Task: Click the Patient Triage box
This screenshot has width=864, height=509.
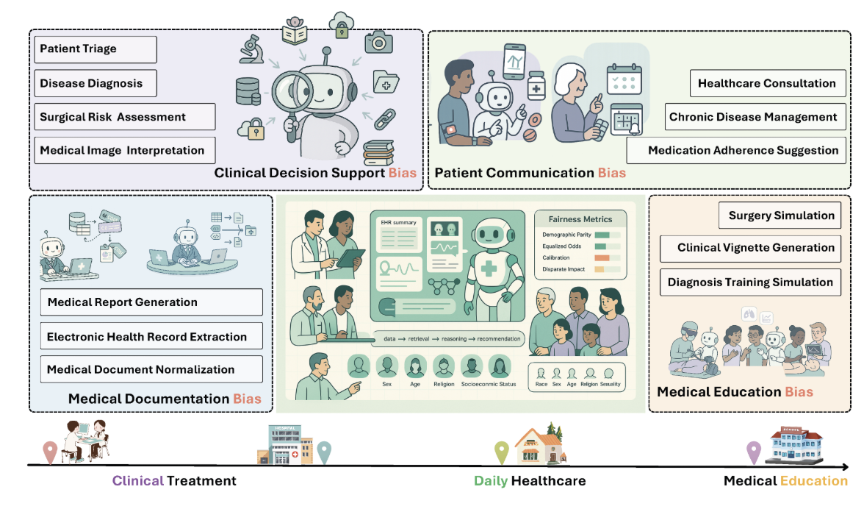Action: click(96, 49)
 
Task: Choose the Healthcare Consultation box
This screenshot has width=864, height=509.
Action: click(766, 83)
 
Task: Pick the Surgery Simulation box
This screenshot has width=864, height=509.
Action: click(780, 216)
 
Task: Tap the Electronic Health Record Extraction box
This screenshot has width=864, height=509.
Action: click(146, 336)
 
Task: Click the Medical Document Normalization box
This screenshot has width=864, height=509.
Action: click(146, 369)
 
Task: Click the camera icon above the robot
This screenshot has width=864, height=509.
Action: click(378, 41)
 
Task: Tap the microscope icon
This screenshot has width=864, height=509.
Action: click(251, 50)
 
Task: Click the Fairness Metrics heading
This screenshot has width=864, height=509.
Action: click(580, 219)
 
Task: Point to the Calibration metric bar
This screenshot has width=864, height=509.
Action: click(607, 258)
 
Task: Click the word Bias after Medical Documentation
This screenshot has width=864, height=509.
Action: click(248, 399)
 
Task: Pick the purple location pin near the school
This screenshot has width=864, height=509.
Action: click(753, 451)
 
